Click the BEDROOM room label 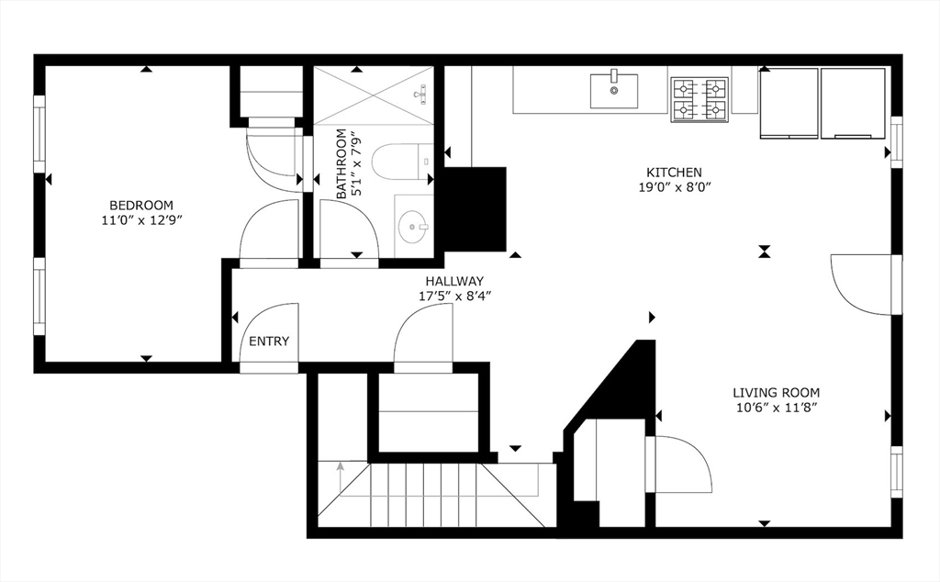[x=140, y=205]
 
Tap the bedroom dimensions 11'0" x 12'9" [x=141, y=220]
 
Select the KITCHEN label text [x=674, y=172]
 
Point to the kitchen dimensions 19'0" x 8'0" [x=674, y=187]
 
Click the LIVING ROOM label [x=777, y=393]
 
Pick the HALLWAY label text [x=454, y=281]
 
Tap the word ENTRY [x=269, y=341]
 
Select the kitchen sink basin [x=614, y=91]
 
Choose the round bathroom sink [x=413, y=227]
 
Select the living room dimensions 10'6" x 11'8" [x=777, y=409]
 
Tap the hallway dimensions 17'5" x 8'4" [x=454, y=296]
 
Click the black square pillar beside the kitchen [x=475, y=208]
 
